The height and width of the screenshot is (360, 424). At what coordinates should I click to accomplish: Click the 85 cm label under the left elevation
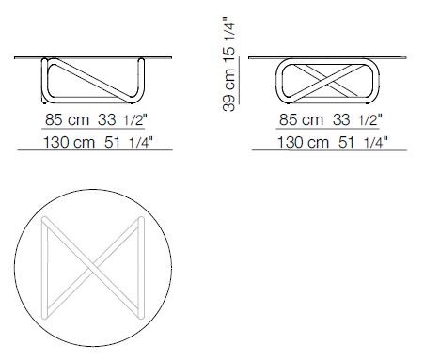click(x=63, y=120)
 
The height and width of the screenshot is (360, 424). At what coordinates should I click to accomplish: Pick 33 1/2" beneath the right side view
click(x=350, y=120)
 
